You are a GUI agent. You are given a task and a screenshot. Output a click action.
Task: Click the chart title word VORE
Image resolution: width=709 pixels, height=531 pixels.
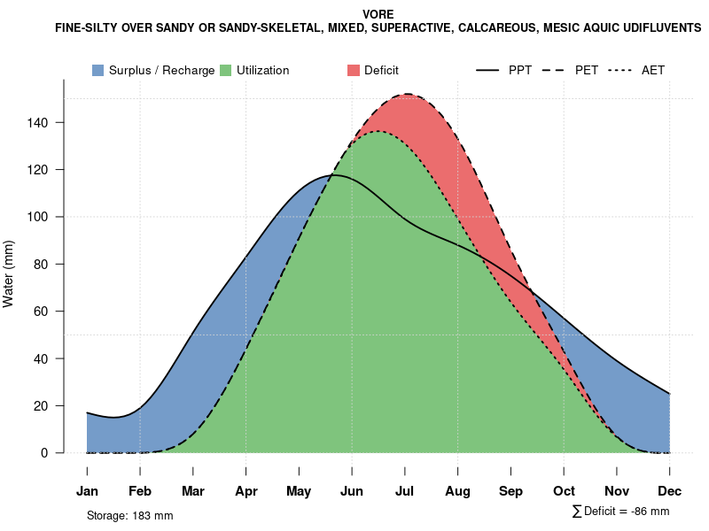point(378,15)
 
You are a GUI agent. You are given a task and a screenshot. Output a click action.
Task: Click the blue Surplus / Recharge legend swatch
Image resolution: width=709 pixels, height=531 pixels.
point(97,70)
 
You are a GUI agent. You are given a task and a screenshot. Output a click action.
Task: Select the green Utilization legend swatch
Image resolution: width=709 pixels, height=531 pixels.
point(225,70)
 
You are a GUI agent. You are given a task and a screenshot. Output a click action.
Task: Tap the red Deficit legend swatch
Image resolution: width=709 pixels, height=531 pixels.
point(353,70)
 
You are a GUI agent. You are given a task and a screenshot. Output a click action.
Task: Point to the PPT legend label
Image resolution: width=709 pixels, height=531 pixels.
point(520,70)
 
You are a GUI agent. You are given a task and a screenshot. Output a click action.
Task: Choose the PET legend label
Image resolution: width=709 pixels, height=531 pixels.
point(587,70)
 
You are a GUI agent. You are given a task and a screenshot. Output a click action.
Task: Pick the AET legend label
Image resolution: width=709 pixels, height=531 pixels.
point(653,70)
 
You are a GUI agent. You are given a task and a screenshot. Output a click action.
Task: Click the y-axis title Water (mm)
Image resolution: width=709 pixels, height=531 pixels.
point(9,273)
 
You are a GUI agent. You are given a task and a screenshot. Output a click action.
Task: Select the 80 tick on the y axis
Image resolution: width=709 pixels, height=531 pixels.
point(51,264)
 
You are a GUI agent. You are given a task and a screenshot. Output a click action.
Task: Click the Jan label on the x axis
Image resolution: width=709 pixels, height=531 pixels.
point(87,491)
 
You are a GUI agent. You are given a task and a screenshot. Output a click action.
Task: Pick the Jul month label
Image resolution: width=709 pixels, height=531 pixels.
point(405,491)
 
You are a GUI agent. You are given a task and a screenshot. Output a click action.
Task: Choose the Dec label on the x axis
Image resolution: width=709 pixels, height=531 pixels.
point(669,491)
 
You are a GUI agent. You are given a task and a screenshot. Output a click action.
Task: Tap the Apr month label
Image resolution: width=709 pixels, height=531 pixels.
point(246,491)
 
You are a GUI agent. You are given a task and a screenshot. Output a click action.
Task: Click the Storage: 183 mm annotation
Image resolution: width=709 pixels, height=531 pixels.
point(129,515)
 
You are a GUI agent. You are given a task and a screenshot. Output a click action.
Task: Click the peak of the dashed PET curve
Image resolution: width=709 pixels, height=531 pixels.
point(407,94)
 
